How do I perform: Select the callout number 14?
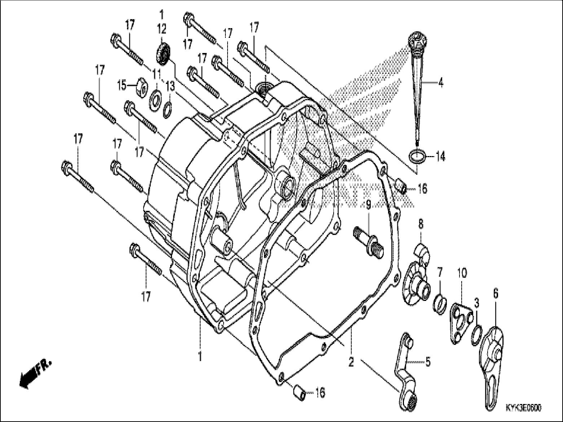[440, 157]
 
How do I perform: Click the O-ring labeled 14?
[417, 157]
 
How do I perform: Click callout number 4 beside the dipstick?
[440, 83]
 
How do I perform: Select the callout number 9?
[368, 205]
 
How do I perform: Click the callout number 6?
[496, 294]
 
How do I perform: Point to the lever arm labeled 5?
[405, 364]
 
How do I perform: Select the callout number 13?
[170, 86]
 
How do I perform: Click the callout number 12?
[161, 28]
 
